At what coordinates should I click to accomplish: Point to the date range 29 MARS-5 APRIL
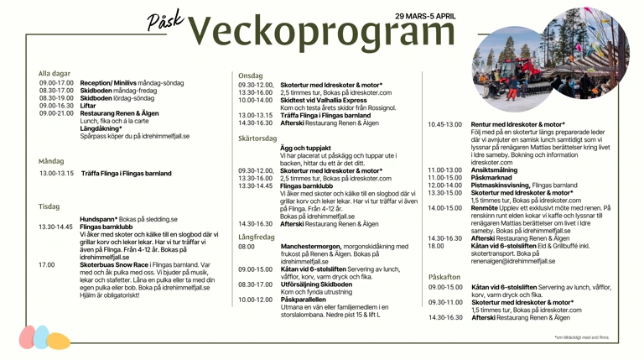(425, 16)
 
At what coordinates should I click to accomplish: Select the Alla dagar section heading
(55, 73)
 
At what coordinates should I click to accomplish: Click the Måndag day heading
(51, 161)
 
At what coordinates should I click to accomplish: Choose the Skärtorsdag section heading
(257, 138)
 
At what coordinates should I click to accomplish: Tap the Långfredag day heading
(256, 237)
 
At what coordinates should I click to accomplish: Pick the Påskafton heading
(444, 276)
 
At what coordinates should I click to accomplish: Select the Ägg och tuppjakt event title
(307, 148)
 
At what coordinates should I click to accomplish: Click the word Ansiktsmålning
(494, 170)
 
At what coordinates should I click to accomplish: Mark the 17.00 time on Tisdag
(46, 264)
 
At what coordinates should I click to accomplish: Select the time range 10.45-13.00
(444, 124)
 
